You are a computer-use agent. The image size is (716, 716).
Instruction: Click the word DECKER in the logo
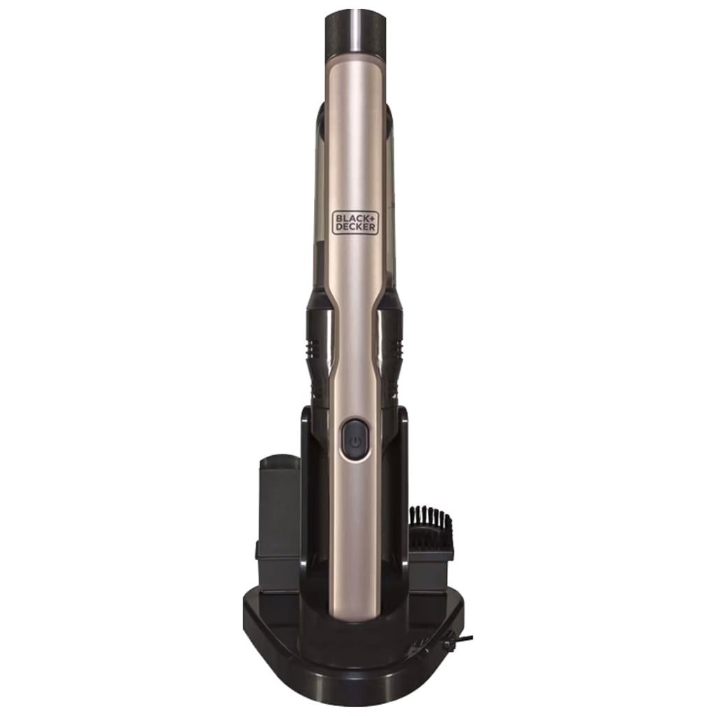pyautogui.click(x=355, y=227)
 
